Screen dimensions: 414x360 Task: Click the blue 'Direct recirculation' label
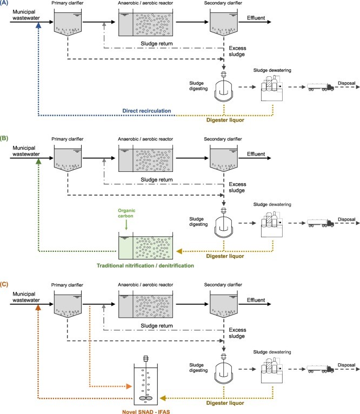coord(148,111)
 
